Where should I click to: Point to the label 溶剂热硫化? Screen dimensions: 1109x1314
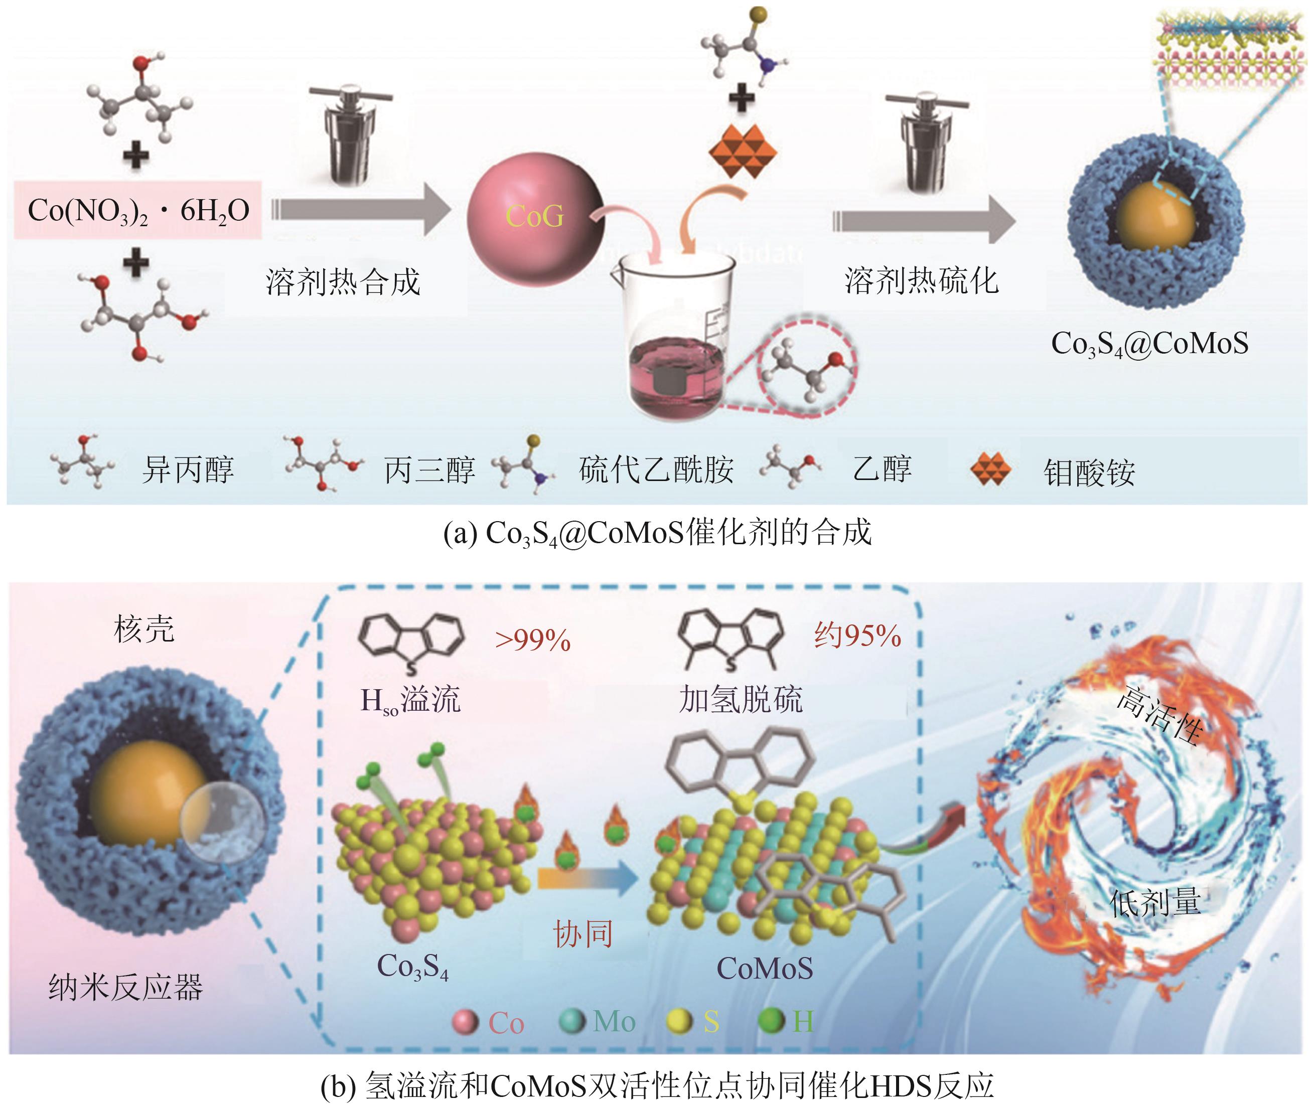pyautogui.click(x=921, y=280)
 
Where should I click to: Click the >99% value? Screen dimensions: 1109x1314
pyautogui.click(x=532, y=640)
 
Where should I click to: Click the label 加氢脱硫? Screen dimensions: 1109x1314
pyautogui.click(x=741, y=699)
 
